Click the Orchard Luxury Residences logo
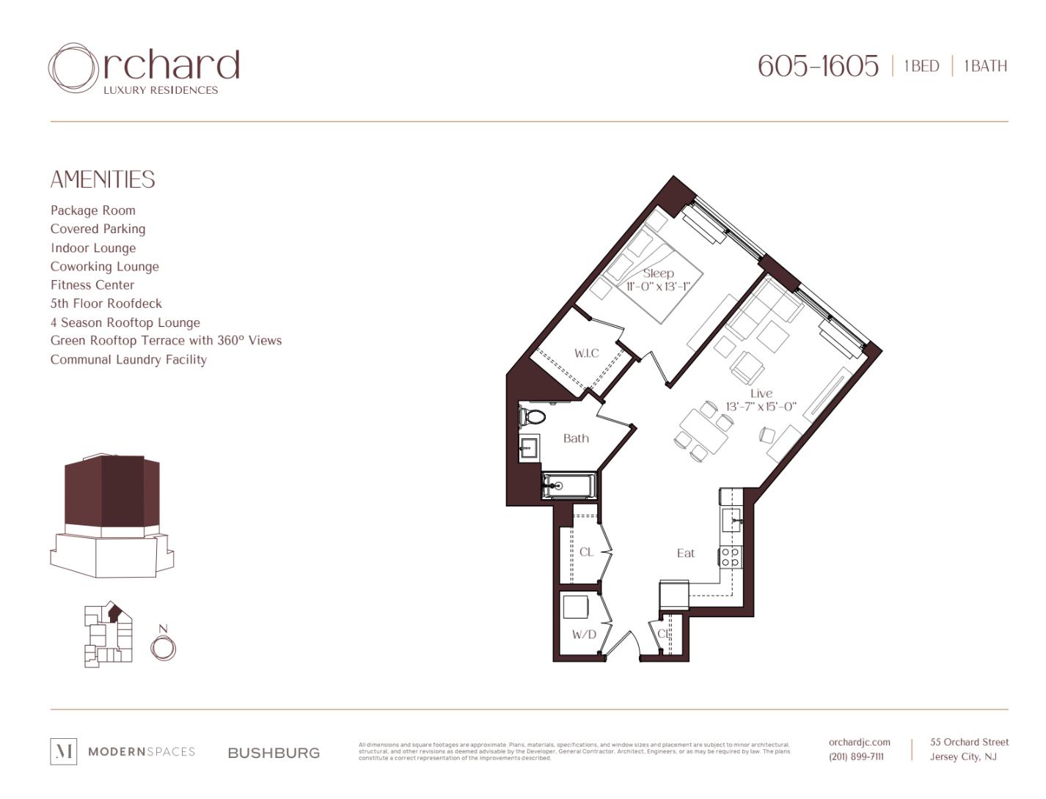(x=144, y=68)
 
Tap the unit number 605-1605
(x=817, y=66)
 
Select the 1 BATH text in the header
(x=985, y=66)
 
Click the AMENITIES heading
(x=103, y=180)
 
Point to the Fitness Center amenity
(x=92, y=285)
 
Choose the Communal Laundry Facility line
(x=128, y=360)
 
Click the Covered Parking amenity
(x=98, y=229)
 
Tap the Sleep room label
(x=658, y=273)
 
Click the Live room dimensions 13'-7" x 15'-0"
(x=761, y=407)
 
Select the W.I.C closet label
(x=586, y=353)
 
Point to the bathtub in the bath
(x=569, y=485)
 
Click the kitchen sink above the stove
(x=732, y=520)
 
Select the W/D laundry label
(x=584, y=634)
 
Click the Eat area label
(x=685, y=553)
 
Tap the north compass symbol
(x=164, y=647)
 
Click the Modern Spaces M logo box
(x=63, y=751)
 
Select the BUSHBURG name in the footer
(x=274, y=753)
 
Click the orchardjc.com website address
(x=859, y=743)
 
